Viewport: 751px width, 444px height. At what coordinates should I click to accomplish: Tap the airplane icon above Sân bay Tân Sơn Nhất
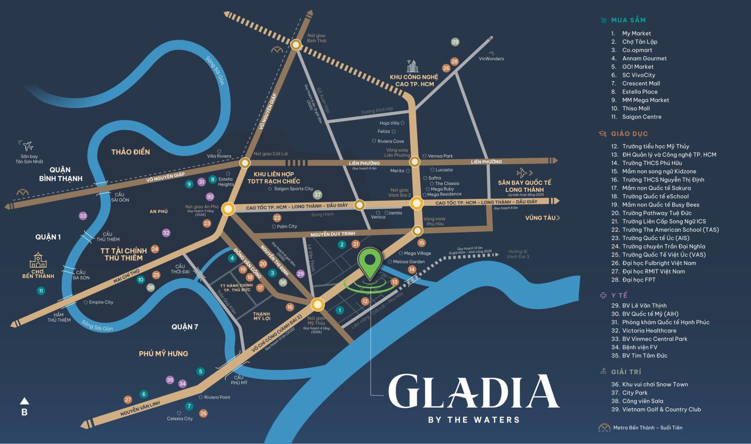pyautogui.click(x=28, y=146)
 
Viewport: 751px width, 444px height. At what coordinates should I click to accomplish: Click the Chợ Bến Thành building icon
pyautogui.click(x=38, y=260)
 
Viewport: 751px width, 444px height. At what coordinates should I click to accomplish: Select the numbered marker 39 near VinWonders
pyautogui.click(x=455, y=42)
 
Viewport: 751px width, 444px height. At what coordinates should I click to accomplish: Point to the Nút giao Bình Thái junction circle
pyautogui.click(x=296, y=45)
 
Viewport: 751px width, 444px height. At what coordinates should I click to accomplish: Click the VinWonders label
pyautogui.click(x=491, y=59)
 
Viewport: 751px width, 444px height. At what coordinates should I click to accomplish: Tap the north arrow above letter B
pyautogui.click(x=24, y=401)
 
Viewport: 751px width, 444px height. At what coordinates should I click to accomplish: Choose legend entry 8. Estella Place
pyautogui.click(x=640, y=92)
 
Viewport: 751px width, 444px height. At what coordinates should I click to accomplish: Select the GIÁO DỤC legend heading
pyautogui.click(x=629, y=134)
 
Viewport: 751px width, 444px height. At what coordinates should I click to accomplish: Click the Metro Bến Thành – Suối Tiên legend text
pyautogui.click(x=647, y=428)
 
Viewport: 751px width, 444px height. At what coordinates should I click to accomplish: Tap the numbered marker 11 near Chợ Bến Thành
pyautogui.click(x=41, y=291)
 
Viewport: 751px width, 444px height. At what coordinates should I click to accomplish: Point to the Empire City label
pyautogui.click(x=101, y=302)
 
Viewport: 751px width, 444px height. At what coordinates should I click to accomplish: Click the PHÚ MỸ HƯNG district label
pyautogui.click(x=163, y=354)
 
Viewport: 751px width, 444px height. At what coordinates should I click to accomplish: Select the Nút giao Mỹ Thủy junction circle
pyautogui.click(x=318, y=304)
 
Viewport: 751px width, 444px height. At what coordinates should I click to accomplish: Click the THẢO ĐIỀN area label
pyautogui.click(x=131, y=152)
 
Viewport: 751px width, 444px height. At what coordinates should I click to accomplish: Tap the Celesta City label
pyautogui.click(x=180, y=419)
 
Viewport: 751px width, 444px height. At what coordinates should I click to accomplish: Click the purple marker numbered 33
pyautogui.click(x=83, y=216)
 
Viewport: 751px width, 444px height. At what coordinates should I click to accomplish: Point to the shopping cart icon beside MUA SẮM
pyautogui.click(x=603, y=20)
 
